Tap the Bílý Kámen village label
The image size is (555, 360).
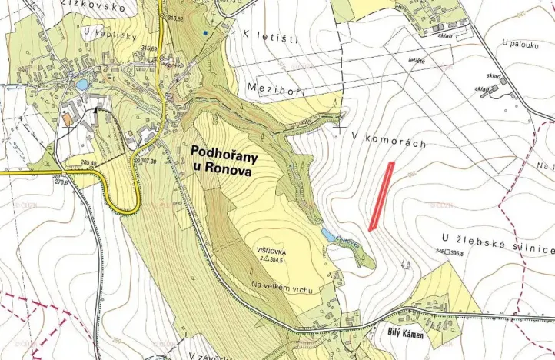404,336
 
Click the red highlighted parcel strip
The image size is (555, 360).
381,196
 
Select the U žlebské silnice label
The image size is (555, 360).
498,244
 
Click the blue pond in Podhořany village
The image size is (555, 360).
81,85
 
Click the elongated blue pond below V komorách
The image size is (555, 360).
328,233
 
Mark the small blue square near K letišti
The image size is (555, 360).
204,33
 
